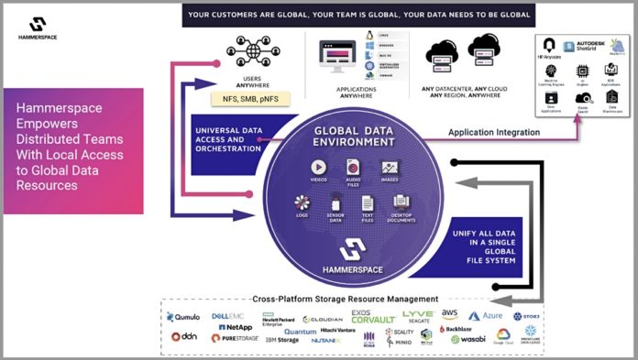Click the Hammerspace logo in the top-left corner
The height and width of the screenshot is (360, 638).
tap(38, 27)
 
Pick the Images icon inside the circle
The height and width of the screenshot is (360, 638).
tap(389, 168)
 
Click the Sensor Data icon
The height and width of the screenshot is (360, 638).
tap(336, 203)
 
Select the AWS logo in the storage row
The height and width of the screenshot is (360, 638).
tap(473, 315)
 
